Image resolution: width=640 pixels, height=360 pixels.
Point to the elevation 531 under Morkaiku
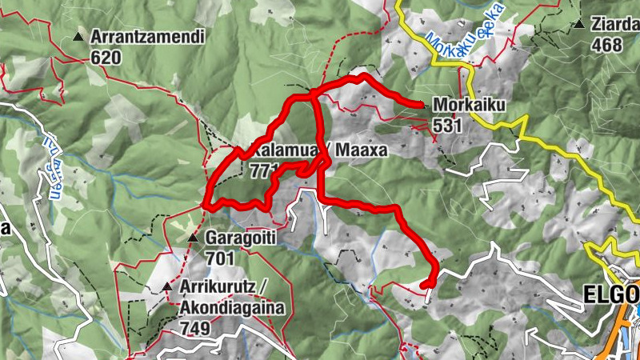click(448, 125)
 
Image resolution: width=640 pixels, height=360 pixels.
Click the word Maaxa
click(362, 150)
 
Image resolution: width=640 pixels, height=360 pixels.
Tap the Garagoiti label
click(244, 238)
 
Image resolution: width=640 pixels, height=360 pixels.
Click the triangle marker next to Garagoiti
click(192, 238)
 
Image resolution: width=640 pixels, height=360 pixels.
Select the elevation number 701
click(220, 258)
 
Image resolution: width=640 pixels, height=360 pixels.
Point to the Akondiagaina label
click(226, 308)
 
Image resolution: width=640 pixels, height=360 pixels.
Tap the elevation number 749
click(194, 328)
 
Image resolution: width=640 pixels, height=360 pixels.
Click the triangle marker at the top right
click(578, 25)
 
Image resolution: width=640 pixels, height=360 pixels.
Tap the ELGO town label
click(608, 294)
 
